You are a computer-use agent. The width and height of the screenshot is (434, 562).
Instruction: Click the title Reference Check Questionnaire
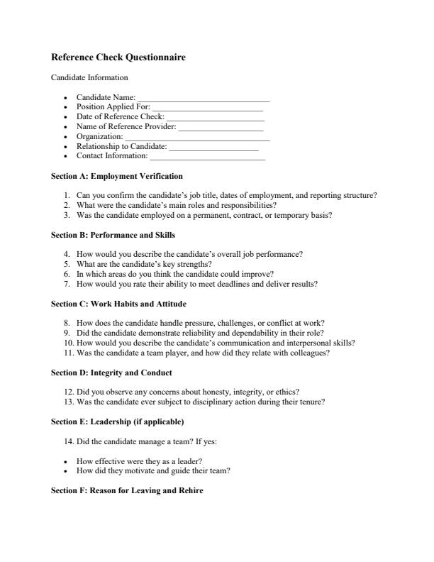[118, 57]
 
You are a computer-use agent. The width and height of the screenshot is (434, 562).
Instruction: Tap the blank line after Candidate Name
[204, 99]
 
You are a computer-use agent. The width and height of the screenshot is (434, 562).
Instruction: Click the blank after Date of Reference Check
[215, 118]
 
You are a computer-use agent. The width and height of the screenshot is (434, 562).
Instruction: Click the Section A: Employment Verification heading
[117, 176]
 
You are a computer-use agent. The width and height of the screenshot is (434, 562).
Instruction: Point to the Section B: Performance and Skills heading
[113, 235]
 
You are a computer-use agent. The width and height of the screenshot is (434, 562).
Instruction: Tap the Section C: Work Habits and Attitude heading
[119, 304]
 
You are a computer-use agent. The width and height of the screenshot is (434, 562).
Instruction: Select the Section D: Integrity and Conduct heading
[112, 373]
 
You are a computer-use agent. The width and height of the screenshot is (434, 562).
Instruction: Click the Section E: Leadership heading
[118, 421]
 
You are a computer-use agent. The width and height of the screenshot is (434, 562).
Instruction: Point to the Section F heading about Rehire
[127, 490]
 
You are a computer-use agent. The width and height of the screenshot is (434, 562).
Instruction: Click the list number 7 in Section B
[67, 284]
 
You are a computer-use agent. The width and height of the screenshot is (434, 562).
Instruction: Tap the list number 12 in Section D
[68, 391]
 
